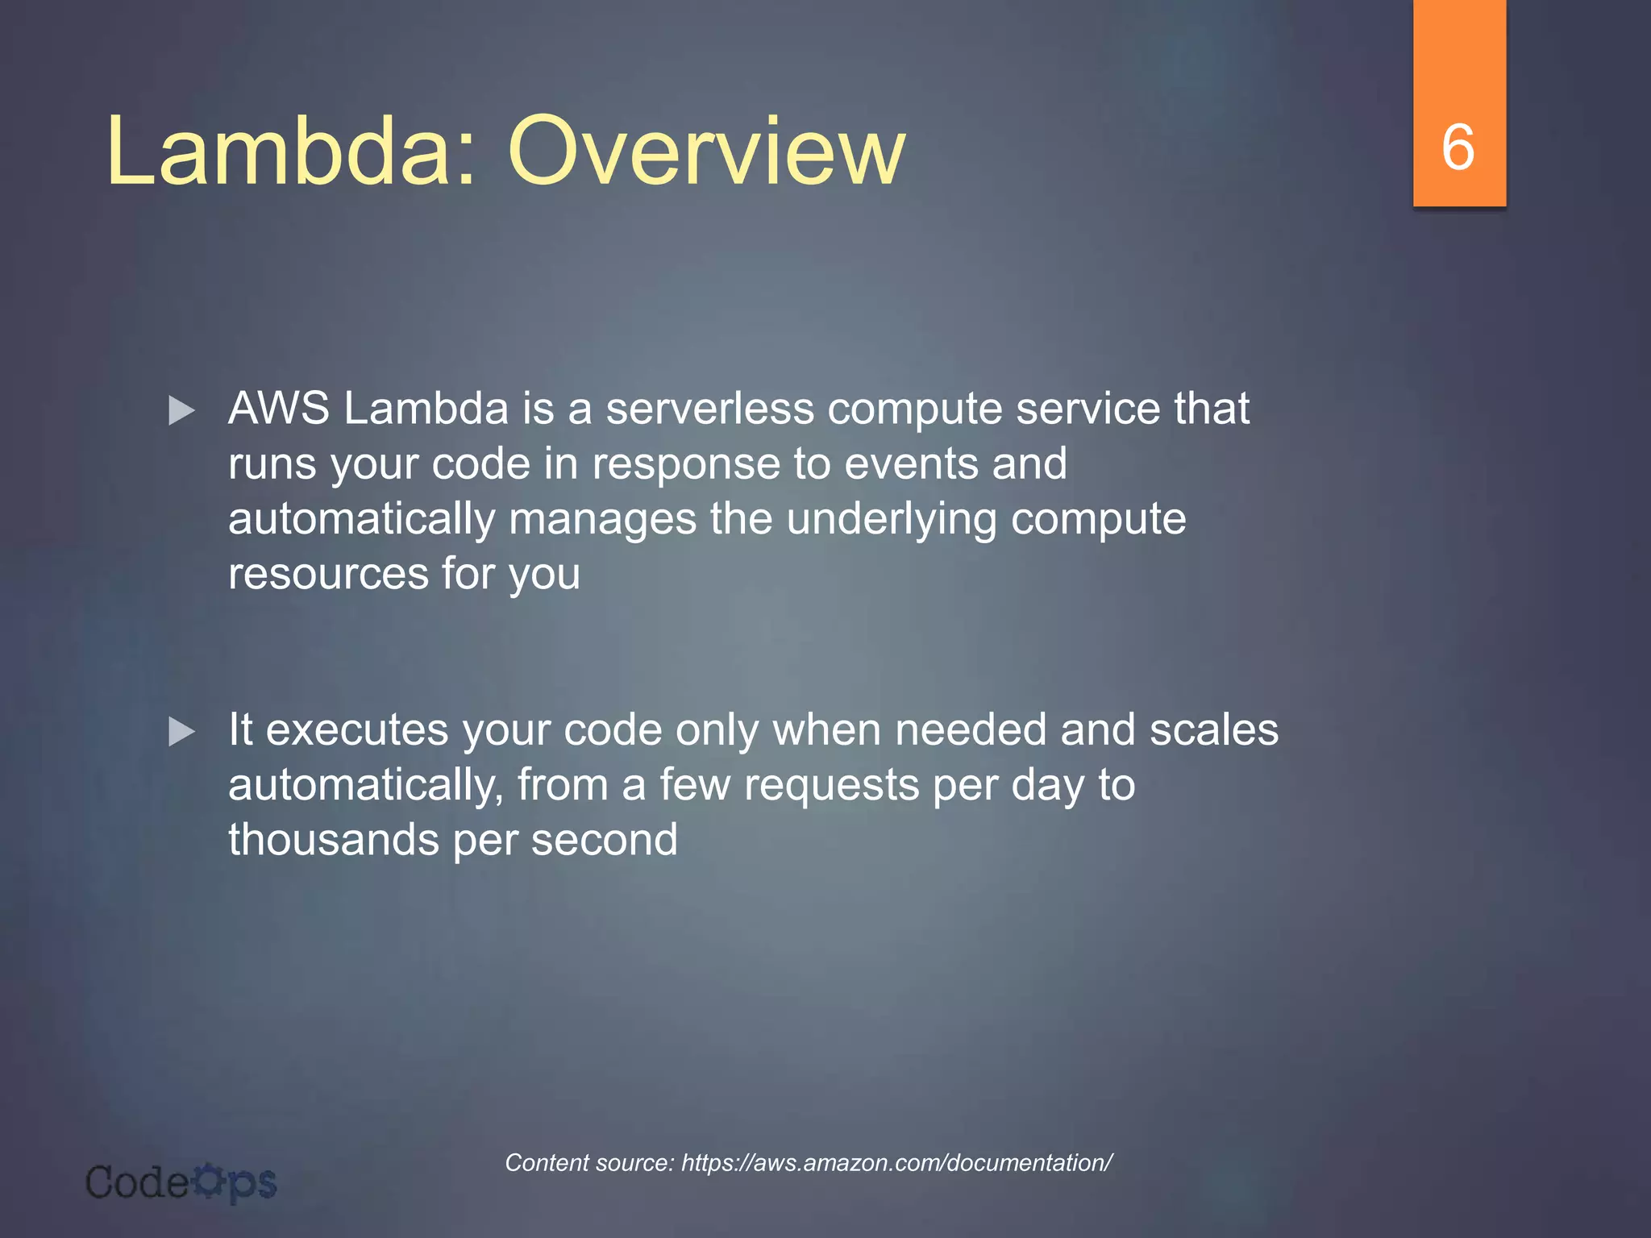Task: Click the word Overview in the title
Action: (x=706, y=152)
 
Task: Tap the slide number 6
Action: (x=1458, y=147)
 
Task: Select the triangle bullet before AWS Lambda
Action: (x=181, y=411)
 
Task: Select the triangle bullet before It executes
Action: (x=181, y=733)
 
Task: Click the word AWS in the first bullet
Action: (x=278, y=408)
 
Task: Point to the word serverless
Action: (x=709, y=408)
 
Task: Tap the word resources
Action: (x=328, y=574)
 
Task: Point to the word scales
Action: (x=1213, y=729)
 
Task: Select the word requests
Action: (x=831, y=785)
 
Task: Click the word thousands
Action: (x=334, y=840)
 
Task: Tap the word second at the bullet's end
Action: (x=605, y=840)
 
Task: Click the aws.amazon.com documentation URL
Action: (x=896, y=1162)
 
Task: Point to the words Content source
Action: (x=589, y=1162)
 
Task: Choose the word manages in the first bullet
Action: (x=602, y=519)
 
